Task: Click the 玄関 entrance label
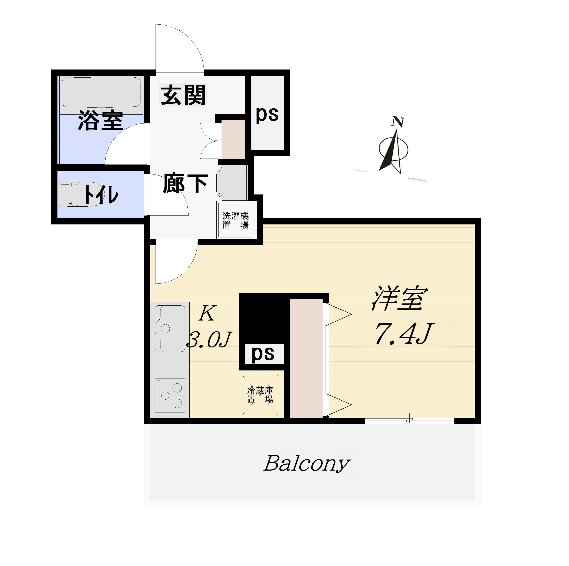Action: [183, 95]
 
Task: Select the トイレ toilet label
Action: [101, 194]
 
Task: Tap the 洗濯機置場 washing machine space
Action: [236, 220]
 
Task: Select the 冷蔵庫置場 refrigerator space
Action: [260, 395]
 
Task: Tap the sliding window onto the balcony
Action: [409, 421]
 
